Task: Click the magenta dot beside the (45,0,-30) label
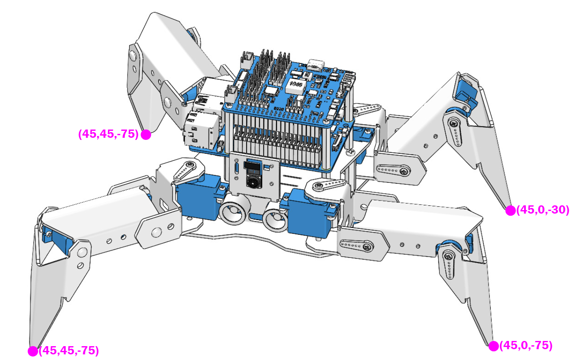[510, 211]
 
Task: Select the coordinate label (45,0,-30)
[543, 210]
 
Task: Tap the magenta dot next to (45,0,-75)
[493, 346]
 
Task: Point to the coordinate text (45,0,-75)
[526, 346]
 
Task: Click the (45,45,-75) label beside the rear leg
[108, 134]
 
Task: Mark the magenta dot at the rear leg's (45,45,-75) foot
[146, 135]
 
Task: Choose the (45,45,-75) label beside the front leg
[69, 350]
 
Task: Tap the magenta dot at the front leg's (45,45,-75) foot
[33, 351]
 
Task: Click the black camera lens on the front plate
[253, 182]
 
